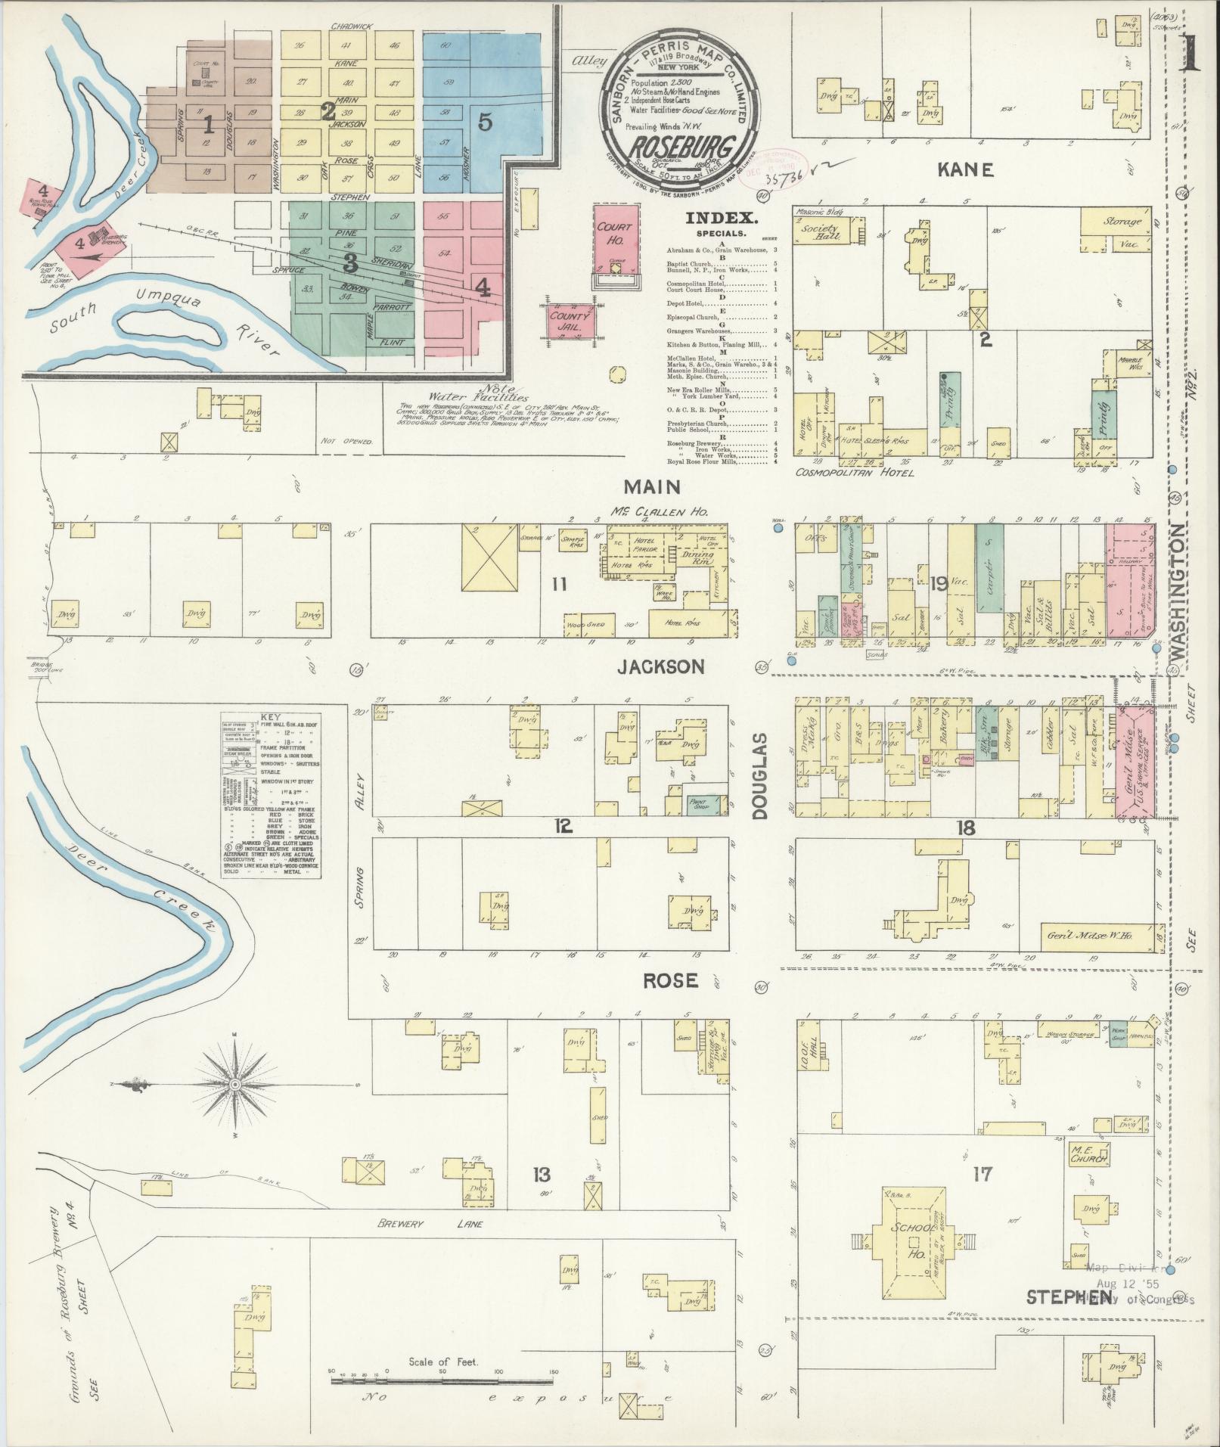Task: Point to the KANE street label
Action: point(964,171)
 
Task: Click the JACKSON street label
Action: point(661,666)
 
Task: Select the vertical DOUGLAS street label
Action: point(760,775)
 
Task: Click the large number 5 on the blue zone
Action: point(485,121)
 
